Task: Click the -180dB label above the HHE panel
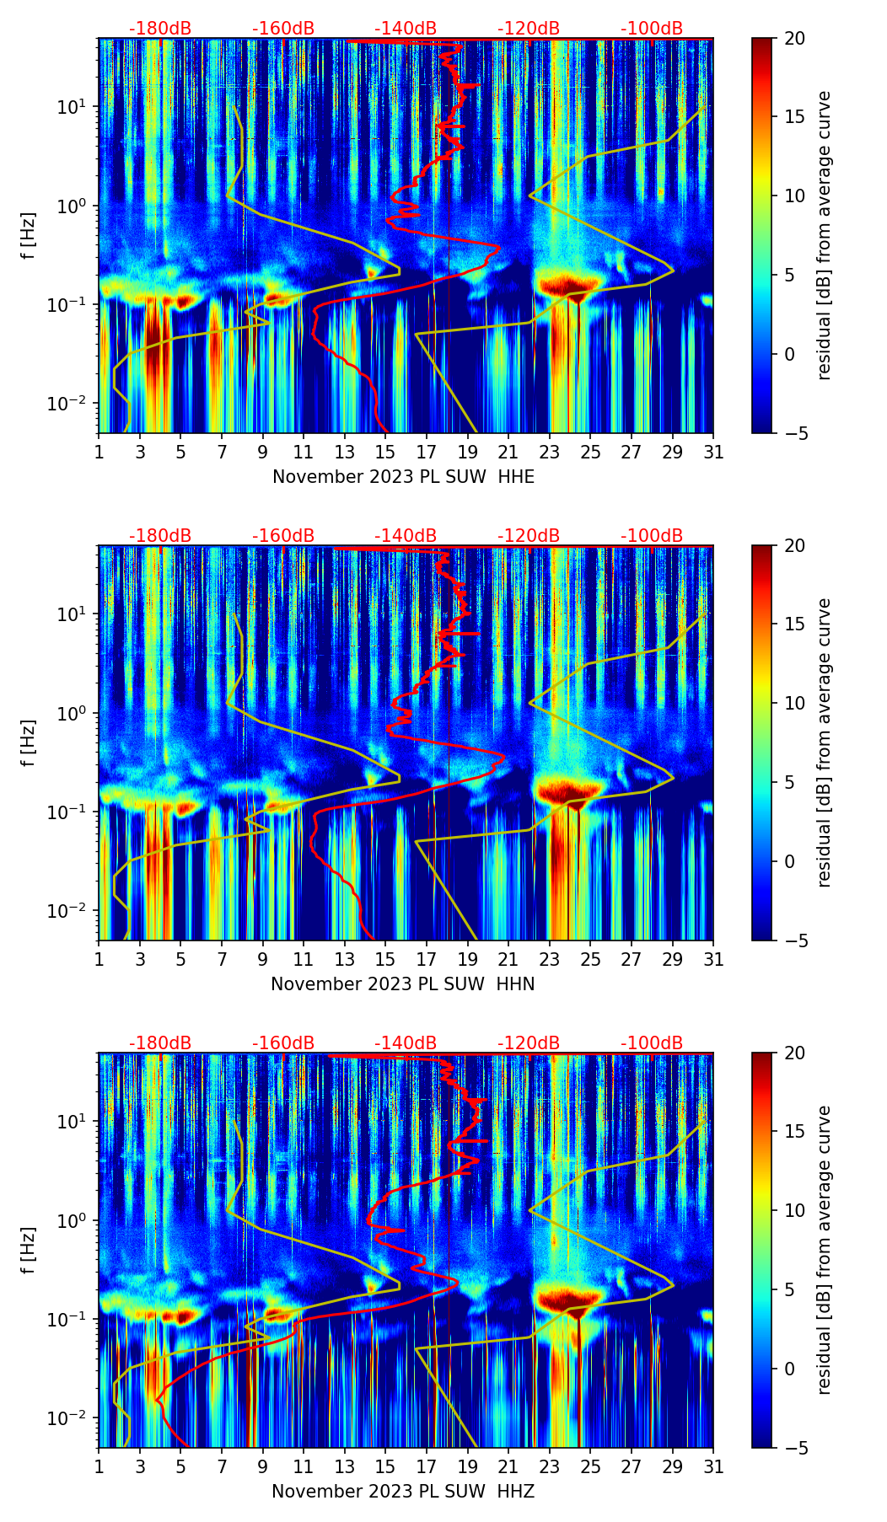160,29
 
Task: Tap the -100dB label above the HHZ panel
652,1043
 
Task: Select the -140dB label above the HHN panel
406,536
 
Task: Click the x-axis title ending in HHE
403,477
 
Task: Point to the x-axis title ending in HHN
403,984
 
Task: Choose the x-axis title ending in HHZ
403,1492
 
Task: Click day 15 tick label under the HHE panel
385,452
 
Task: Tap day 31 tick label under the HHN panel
713,959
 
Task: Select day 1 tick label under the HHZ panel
99,1466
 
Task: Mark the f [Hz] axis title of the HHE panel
29,236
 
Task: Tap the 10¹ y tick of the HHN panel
73,614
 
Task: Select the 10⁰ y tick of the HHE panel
73,206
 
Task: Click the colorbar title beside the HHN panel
824,742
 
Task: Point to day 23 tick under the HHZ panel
550,1466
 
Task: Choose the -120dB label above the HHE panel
529,29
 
